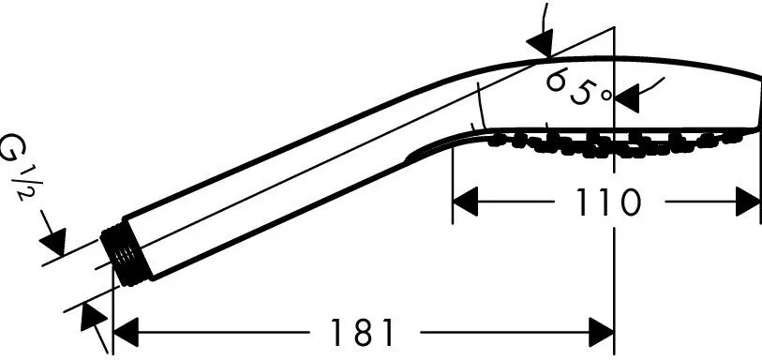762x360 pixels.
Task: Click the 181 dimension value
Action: point(362,333)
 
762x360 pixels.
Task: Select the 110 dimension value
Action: point(609,202)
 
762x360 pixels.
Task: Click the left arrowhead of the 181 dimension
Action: point(126,333)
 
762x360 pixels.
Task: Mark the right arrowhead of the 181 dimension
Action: point(602,333)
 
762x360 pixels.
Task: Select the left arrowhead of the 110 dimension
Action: point(466,202)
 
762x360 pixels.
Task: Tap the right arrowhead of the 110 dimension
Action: point(748,202)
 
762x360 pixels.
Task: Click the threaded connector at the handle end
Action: point(126,255)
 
